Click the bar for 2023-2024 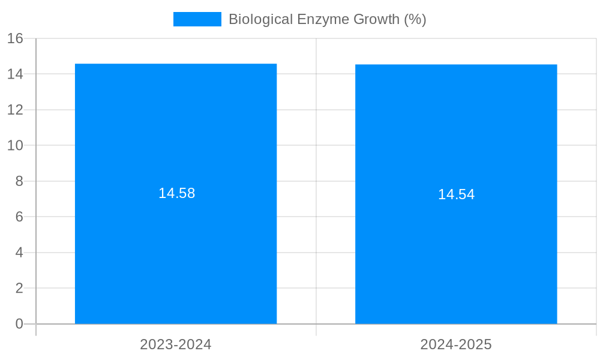click(176, 252)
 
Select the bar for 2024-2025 click(456, 252)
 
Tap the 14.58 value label click(176, 193)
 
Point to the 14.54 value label click(456, 194)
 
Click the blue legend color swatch click(197, 19)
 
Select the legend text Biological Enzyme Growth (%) click(327, 19)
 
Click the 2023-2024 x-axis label click(176, 344)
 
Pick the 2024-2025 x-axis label click(456, 344)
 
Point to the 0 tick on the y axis click(19, 324)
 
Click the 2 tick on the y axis click(19, 288)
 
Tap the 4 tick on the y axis click(19, 253)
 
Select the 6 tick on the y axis click(19, 217)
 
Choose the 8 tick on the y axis click(19, 181)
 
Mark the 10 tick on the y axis click(15, 145)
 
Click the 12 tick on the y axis click(15, 110)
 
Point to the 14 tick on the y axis click(15, 74)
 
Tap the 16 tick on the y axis click(15, 38)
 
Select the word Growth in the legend click(376, 19)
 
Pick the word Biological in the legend click(261, 19)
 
